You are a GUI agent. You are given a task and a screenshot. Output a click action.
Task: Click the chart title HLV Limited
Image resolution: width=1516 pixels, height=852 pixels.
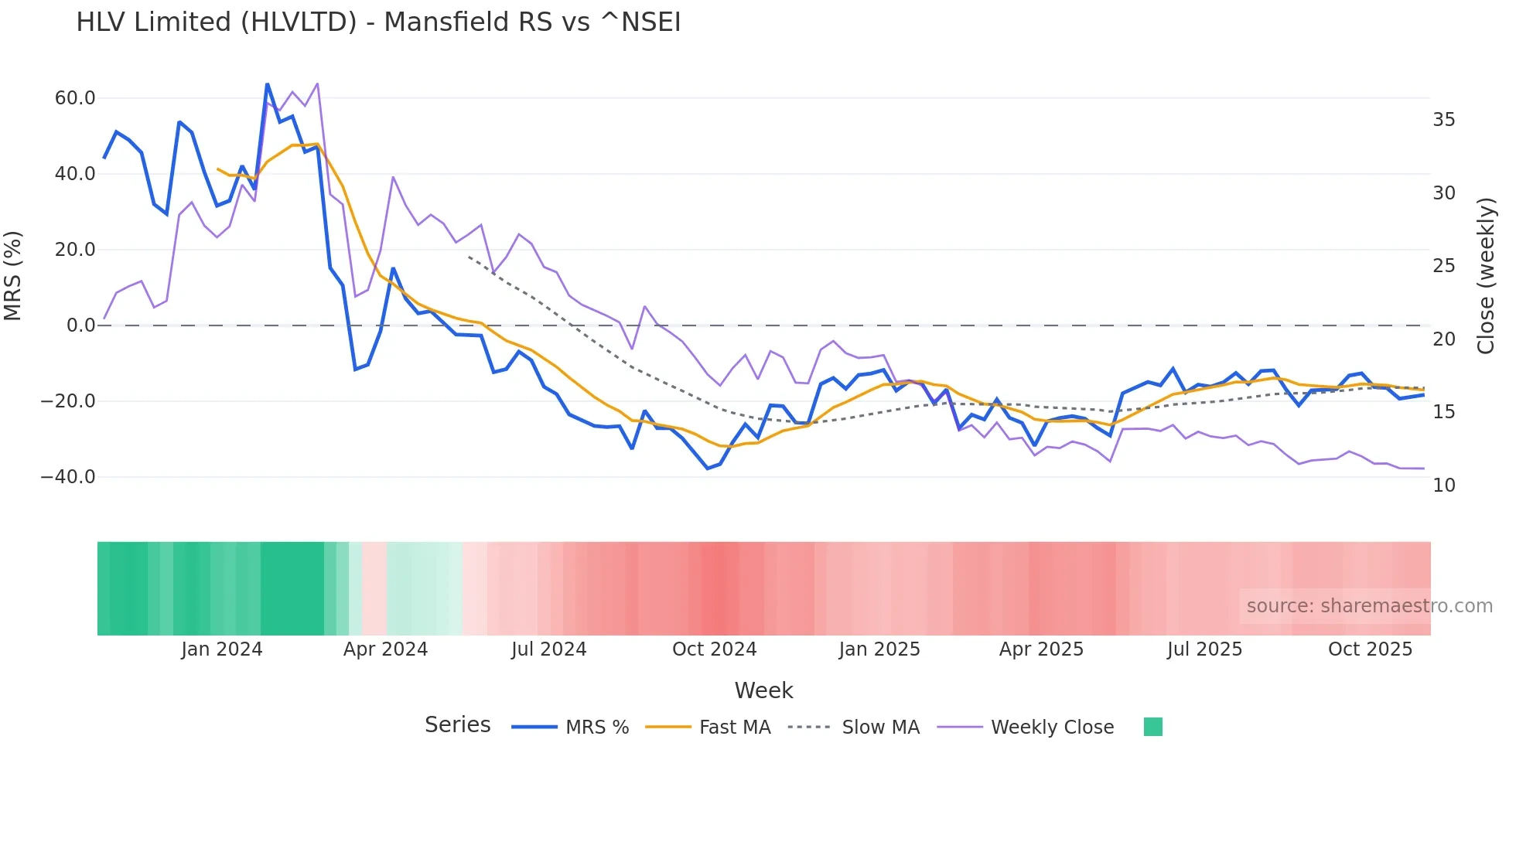pyautogui.click(x=378, y=22)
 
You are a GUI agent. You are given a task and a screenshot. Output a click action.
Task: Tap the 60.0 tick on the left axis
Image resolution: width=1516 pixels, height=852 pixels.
pyautogui.click(x=75, y=98)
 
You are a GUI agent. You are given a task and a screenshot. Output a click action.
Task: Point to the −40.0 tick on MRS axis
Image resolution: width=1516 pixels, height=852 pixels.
pyautogui.click(x=68, y=477)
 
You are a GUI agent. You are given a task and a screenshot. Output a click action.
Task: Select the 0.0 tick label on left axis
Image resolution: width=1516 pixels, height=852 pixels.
pyautogui.click(x=80, y=325)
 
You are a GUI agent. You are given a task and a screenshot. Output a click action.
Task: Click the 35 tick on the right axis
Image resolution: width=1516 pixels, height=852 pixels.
pyautogui.click(x=1443, y=120)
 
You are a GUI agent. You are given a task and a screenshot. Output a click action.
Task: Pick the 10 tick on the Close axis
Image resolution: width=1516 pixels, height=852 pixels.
pyautogui.click(x=1443, y=486)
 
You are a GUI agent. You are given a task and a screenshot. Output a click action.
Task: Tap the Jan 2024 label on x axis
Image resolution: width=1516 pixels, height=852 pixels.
pyautogui.click(x=222, y=649)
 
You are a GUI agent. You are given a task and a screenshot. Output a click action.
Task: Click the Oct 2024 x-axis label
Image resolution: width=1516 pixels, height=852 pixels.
pyautogui.click(x=714, y=649)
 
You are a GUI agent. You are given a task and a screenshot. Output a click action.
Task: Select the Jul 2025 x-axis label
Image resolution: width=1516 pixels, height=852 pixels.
pyautogui.click(x=1204, y=649)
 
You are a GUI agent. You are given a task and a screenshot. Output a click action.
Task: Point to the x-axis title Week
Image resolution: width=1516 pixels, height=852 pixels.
pyautogui.click(x=763, y=690)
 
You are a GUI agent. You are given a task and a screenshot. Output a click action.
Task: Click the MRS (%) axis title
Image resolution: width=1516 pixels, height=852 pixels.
pyautogui.click(x=13, y=276)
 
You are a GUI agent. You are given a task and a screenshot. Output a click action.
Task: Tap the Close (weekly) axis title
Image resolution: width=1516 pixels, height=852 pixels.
pyautogui.click(x=1486, y=276)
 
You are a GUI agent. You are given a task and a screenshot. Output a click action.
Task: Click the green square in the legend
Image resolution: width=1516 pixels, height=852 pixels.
pyautogui.click(x=1152, y=727)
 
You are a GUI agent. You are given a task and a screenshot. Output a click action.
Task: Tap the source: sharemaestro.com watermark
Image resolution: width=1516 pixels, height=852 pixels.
pyautogui.click(x=1369, y=606)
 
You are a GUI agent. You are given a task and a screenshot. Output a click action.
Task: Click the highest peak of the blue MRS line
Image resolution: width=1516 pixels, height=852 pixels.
pyautogui.click(x=268, y=84)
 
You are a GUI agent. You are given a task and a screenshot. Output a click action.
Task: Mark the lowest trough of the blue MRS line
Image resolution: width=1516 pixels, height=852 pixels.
pyautogui.click(x=707, y=469)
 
